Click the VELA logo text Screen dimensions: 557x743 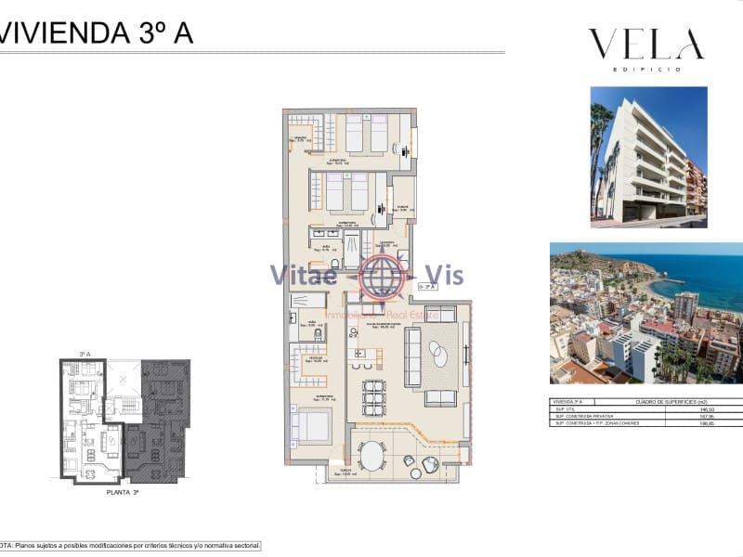coord(645,45)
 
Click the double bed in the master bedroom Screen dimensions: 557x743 coord(311,426)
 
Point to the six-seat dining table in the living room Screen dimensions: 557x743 coord(373,396)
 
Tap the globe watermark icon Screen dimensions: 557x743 coord(378,275)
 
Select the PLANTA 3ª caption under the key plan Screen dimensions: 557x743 coord(123,493)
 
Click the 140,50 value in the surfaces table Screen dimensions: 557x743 coord(707,408)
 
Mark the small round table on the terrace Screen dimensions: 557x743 coord(430,463)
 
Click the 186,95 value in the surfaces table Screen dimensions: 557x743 coord(707,423)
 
